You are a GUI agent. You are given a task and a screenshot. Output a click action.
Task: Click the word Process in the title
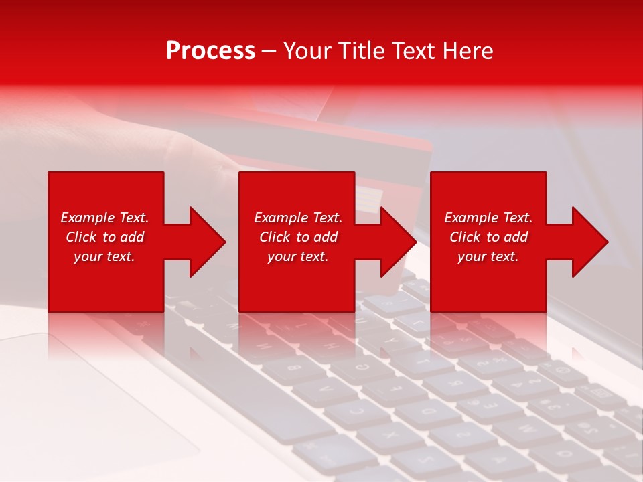coord(210,51)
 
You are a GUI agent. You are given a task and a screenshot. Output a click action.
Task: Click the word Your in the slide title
coord(308,51)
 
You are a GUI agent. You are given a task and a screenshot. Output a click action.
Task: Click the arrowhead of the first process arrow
coord(208,242)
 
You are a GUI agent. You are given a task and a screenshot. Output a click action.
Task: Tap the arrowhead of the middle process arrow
coord(399,242)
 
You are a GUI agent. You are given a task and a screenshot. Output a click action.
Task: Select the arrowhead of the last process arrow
coord(590,242)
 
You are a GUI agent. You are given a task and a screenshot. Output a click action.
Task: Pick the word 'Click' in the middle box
coord(275,237)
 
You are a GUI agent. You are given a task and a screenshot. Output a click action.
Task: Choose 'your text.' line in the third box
coord(488,256)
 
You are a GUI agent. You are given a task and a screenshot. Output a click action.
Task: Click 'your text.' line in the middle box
coord(297,256)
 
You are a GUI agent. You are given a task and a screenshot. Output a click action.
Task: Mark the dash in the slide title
coord(269,51)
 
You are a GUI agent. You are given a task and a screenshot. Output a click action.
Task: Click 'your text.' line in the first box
coord(104,256)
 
